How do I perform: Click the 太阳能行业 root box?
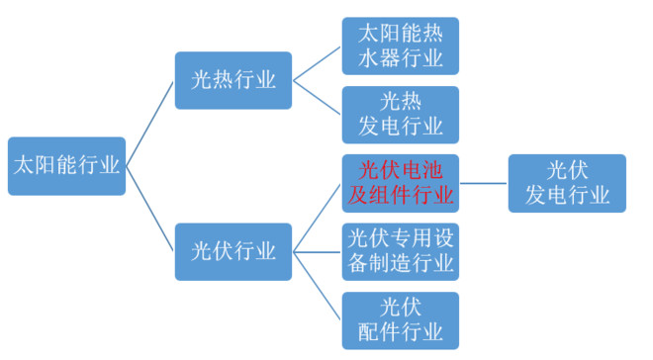[x=66, y=165]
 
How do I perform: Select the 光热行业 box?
[x=233, y=80]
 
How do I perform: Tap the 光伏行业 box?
[x=233, y=251]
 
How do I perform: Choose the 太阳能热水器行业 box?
[x=401, y=45]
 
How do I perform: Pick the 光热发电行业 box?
[x=401, y=115]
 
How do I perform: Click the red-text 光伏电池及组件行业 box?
[x=401, y=183]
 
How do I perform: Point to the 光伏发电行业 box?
[x=567, y=183]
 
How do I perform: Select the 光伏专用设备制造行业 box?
[x=401, y=251]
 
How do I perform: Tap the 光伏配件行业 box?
[x=401, y=319]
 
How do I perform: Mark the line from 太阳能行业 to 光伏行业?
[x=149, y=208]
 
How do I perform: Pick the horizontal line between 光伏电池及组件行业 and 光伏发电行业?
[x=484, y=183]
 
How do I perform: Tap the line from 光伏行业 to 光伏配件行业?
[x=317, y=285]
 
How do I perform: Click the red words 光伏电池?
[x=401, y=170]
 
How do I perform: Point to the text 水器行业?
[x=401, y=58]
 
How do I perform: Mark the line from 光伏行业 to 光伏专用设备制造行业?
[x=317, y=251]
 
